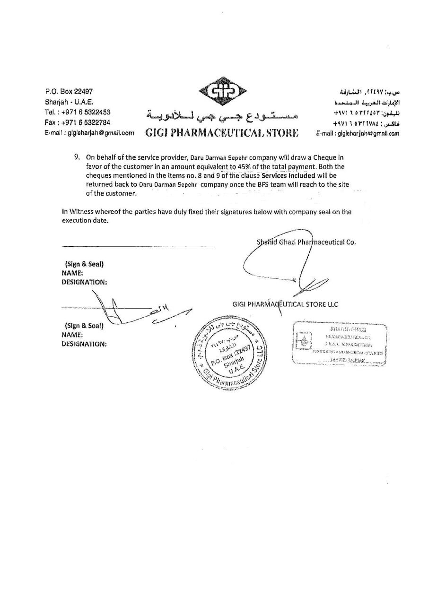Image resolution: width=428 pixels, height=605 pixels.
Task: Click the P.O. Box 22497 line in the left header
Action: (x=69, y=91)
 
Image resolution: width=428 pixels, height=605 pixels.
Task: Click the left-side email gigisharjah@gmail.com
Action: (x=89, y=133)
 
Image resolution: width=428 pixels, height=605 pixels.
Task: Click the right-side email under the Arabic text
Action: (x=358, y=133)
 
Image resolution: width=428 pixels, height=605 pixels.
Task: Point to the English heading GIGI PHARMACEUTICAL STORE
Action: (x=222, y=133)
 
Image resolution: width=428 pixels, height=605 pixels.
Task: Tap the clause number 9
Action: (x=78, y=157)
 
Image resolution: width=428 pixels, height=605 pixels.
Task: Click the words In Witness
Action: (x=79, y=212)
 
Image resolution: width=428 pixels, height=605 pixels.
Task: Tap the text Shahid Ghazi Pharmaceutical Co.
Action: (x=306, y=242)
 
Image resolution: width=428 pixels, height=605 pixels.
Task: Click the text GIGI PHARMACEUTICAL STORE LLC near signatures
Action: (x=285, y=304)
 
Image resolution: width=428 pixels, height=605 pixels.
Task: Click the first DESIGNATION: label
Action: (x=84, y=282)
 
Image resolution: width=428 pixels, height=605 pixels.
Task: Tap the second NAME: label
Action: (x=72, y=335)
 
